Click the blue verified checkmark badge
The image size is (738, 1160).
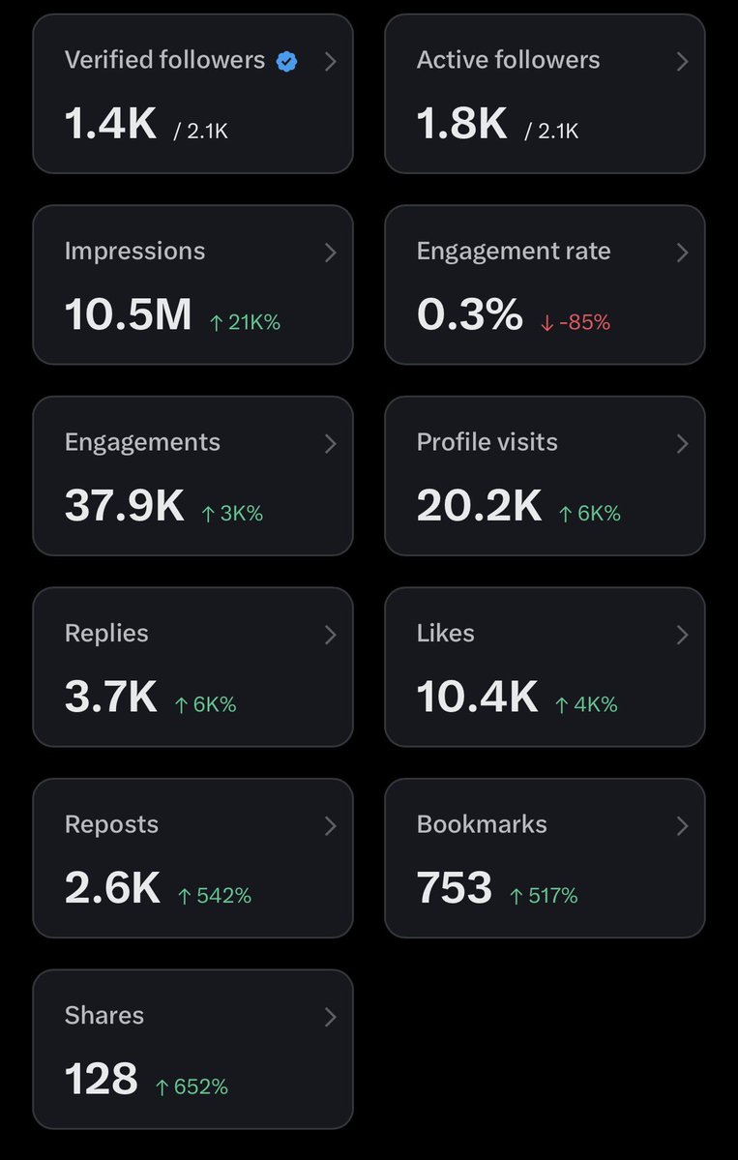[287, 62]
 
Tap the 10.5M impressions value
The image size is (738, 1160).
[128, 314]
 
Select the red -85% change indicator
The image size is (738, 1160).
[576, 322]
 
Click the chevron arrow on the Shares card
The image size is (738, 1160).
[331, 1017]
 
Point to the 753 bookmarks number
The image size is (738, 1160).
[454, 888]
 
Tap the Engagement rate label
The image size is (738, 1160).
[514, 252]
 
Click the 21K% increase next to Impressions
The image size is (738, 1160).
[246, 322]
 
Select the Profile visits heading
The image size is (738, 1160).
[487, 442]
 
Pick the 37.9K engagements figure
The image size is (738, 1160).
[124, 506]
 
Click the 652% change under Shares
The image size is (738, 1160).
[192, 1086]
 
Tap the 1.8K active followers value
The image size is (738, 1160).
[462, 124]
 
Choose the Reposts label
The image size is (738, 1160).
[111, 825]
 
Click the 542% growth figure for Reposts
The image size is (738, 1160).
[215, 896]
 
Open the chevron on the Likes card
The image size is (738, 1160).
[683, 635]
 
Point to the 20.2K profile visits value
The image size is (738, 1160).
[479, 506]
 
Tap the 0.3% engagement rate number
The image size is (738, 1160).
[469, 314]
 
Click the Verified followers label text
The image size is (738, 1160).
[164, 60]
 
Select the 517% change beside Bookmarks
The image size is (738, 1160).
[544, 896]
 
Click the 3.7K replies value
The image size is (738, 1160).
[111, 697]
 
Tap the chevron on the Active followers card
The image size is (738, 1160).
[683, 61]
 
